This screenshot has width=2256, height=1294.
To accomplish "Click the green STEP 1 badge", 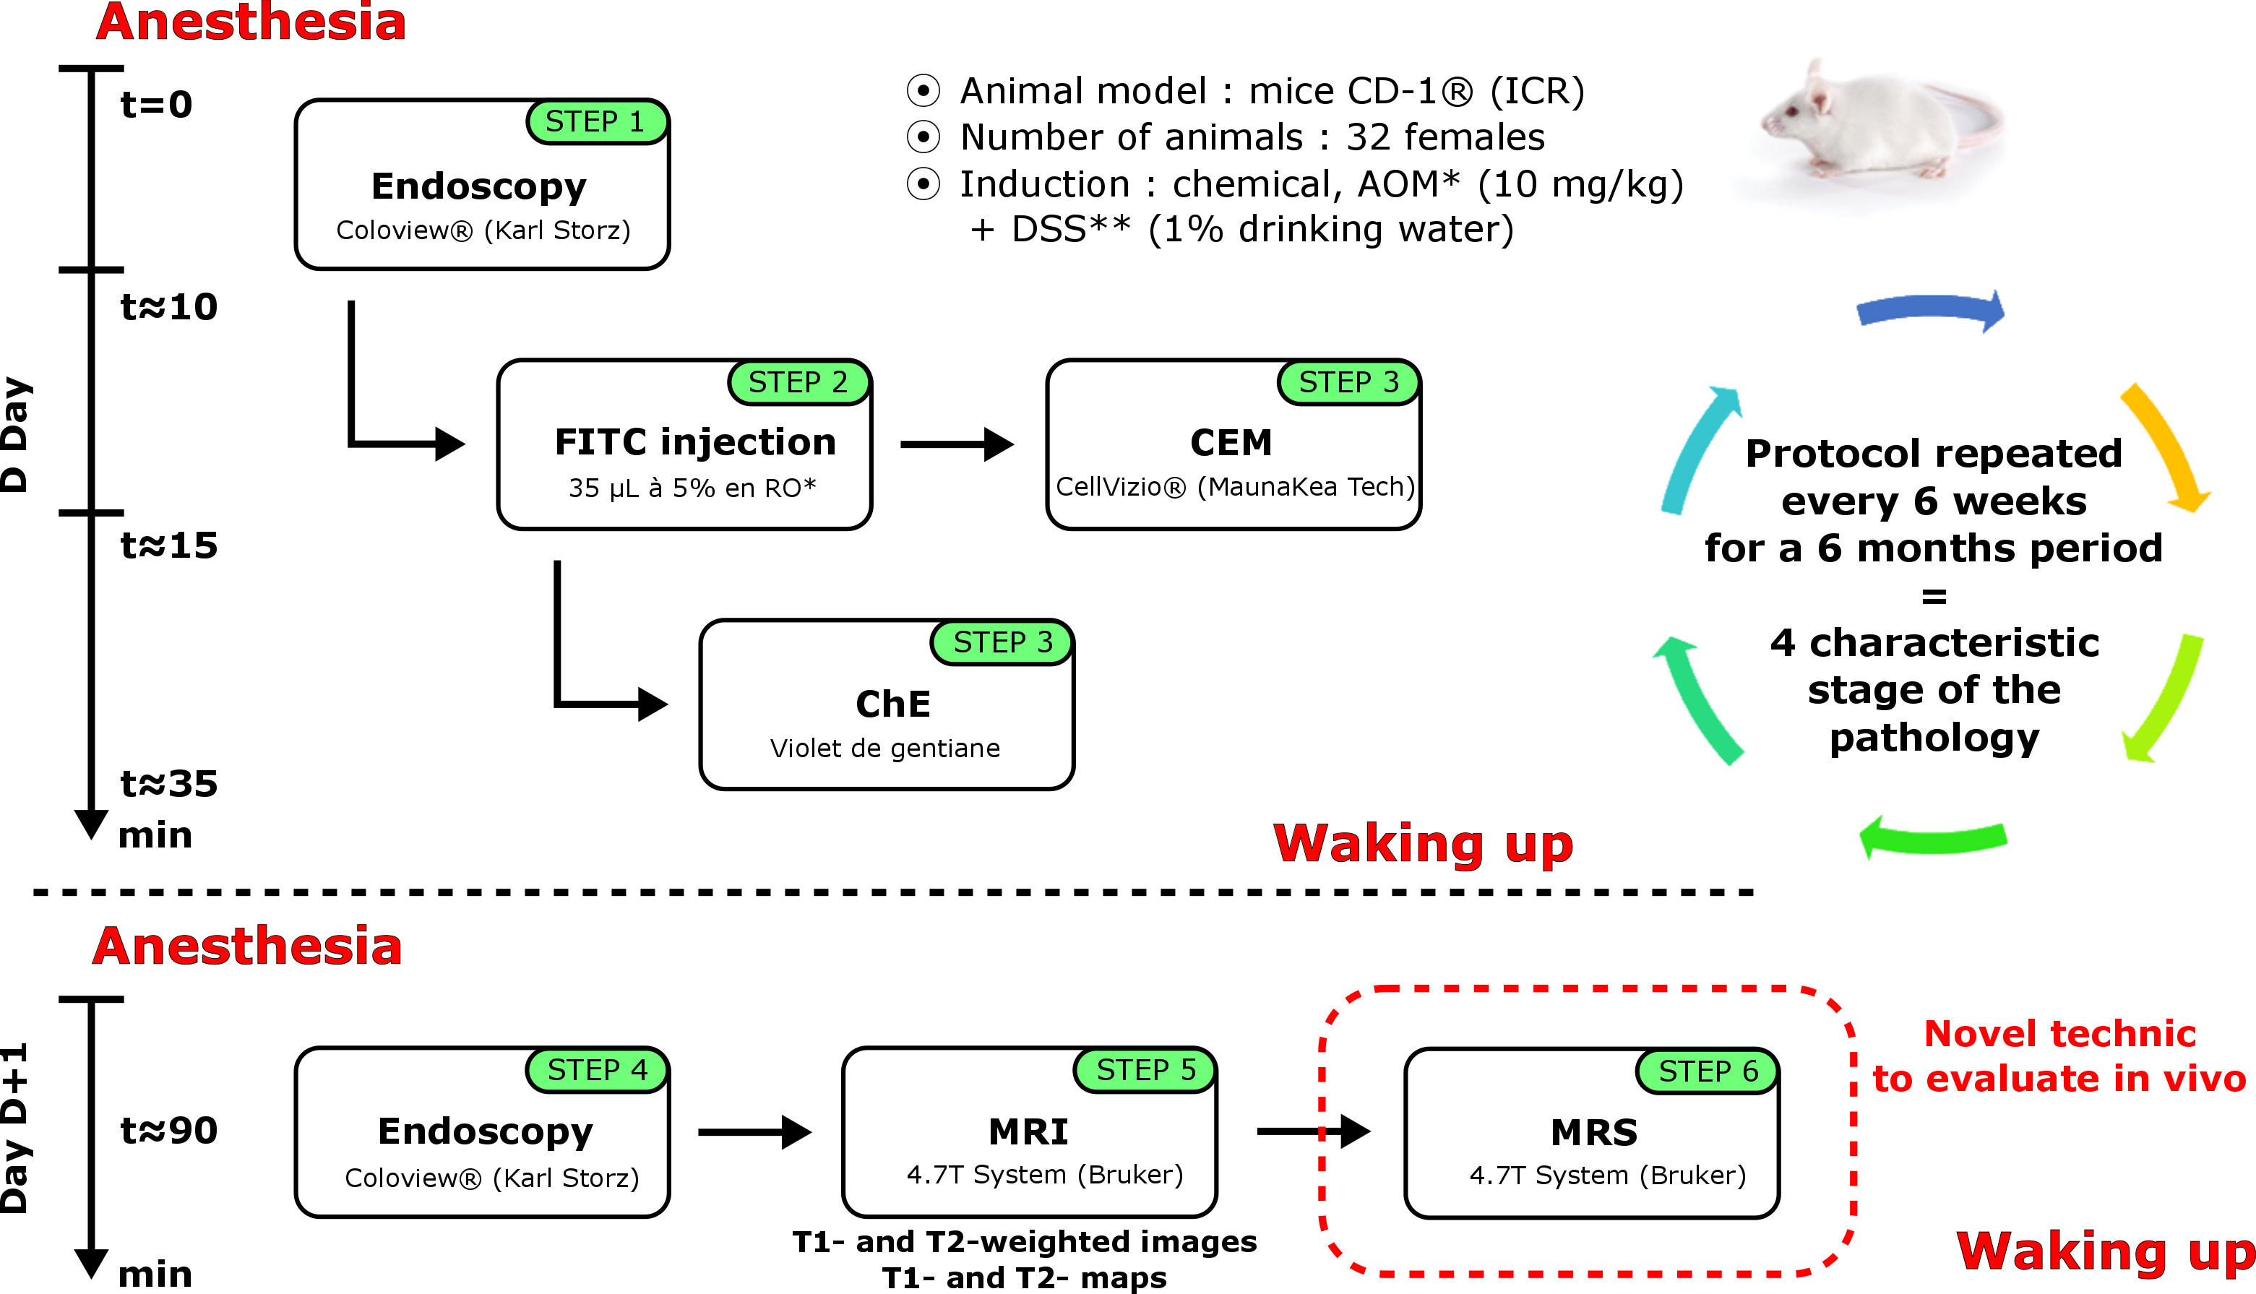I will pyautogui.click(x=595, y=122).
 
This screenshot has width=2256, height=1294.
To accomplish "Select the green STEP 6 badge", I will pyautogui.click(x=1708, y=1071).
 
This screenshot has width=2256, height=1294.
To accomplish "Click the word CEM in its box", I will pyautogui.click(x=1231, y=443).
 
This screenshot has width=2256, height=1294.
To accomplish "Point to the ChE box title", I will pyautogui.click(x=892, y=704).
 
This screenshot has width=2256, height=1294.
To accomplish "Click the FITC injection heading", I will pyautogui.click(x=695, y=441).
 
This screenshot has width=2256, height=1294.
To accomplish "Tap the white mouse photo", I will pyautogui.click(x=1876, y=129).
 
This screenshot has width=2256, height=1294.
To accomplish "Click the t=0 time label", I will pyautogui.click(x=156, y=105).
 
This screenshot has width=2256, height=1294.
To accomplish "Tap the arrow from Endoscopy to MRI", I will pyautogui.click(x=754, y=1132).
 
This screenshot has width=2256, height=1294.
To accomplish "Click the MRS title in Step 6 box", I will pyautogui.click(x=1594, y=1132).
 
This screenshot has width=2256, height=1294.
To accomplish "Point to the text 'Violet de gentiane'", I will pyautogui.click(x=884, y=749).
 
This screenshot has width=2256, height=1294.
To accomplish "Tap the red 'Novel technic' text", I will pyautogui.click(x=2059, y=1034).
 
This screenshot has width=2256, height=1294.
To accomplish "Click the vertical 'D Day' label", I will pyautogui.click(x=16, y=436).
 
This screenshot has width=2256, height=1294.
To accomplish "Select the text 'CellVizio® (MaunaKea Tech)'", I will pyautogui.click(x=1235, y=487).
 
